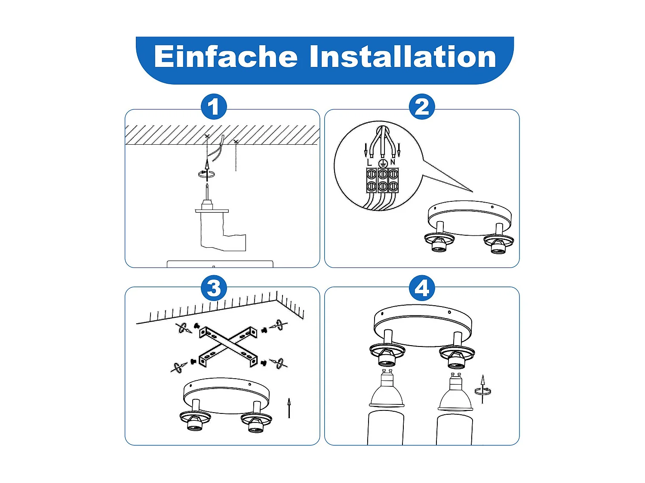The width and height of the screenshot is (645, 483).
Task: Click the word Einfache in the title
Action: pos(225,57)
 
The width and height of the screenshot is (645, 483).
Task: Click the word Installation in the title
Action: pos(403,57)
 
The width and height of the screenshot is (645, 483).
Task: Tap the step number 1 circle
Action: pos(214,106)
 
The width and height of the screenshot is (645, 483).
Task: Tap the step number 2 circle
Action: pos(422,106)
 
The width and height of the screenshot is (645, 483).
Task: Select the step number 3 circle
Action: pos(214,288)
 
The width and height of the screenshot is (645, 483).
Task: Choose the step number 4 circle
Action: pos(422,288)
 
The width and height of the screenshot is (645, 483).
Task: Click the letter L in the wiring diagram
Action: pos(369,162)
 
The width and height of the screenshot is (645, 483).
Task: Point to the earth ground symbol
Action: pos(382,163)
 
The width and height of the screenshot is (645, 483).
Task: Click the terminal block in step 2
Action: pos(382,180)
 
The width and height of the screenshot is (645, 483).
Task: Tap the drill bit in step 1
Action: pos(207,191)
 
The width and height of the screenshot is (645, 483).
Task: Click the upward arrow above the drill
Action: pos(207,170)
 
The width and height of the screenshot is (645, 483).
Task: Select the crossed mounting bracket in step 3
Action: pos(228,346)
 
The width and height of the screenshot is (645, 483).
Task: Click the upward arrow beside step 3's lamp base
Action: pos(289,407)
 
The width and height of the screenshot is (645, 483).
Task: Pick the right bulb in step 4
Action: pos(455,392)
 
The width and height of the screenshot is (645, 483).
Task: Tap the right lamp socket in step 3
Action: pos(256,422)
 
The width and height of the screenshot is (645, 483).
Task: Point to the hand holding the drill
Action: pos(223,232)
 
